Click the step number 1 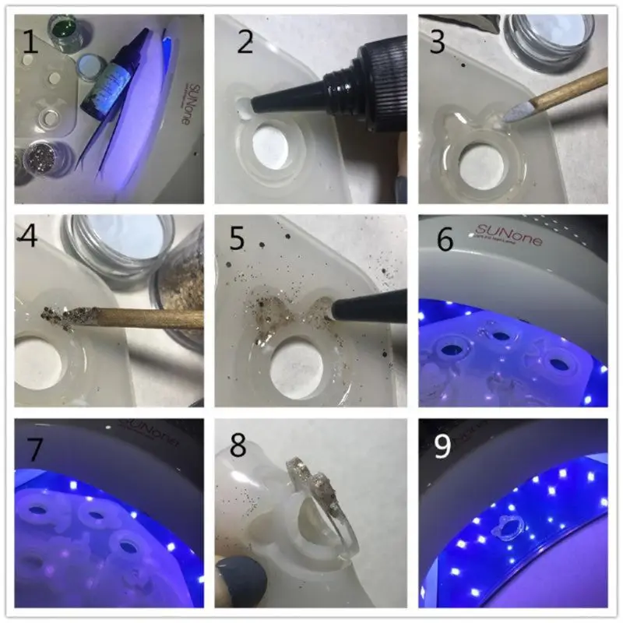(x=30, y=40)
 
